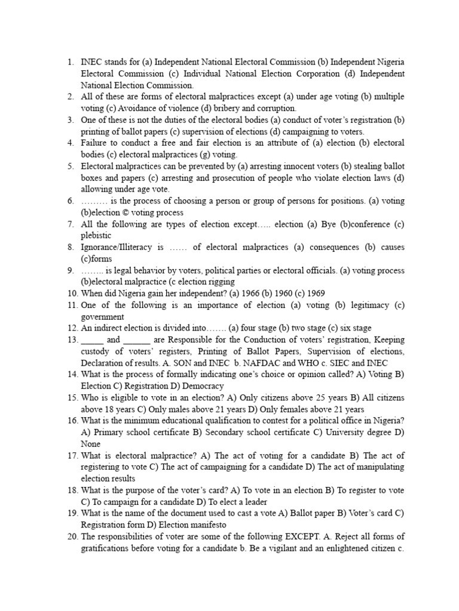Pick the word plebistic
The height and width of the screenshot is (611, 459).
(100, 236)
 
